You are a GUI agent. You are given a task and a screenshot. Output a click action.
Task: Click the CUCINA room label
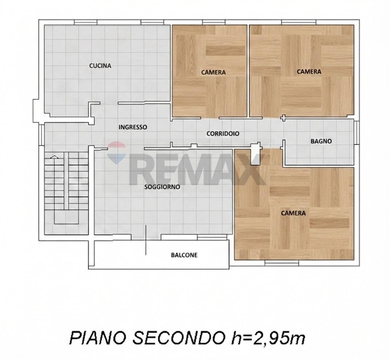click(x=100, y=66)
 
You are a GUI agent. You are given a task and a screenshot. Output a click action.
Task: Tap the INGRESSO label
click(x=133, y=127)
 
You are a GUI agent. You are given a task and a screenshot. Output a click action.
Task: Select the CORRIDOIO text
click(x=223, y=134)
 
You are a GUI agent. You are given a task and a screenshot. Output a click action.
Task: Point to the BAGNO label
click(x=321, y=141)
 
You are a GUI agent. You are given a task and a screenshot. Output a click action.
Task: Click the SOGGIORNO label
click(x=162, y=187)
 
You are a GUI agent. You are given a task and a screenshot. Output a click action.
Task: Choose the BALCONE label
click(x=184, y=255)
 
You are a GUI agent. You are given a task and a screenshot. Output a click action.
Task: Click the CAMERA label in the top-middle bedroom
click(x=213, y=72)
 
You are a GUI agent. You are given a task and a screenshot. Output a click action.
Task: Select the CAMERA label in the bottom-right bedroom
click(x=293, y=213)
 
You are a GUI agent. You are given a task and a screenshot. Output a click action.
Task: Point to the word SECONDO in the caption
click(x=177, y=338)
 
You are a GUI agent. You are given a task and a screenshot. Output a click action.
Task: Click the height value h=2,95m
click(x=266, y=338)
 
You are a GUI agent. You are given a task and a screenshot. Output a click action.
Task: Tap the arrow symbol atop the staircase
click(x=54, y=157)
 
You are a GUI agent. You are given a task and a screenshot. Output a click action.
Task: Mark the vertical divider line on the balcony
click(x=146, y=240)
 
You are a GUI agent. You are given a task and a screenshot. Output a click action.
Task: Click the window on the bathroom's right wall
click(x=356, y=133)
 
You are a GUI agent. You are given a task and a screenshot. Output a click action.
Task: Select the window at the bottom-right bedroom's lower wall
click(x=282, y=262)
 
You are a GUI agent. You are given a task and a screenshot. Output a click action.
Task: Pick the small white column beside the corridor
click(x=256, y=149)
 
